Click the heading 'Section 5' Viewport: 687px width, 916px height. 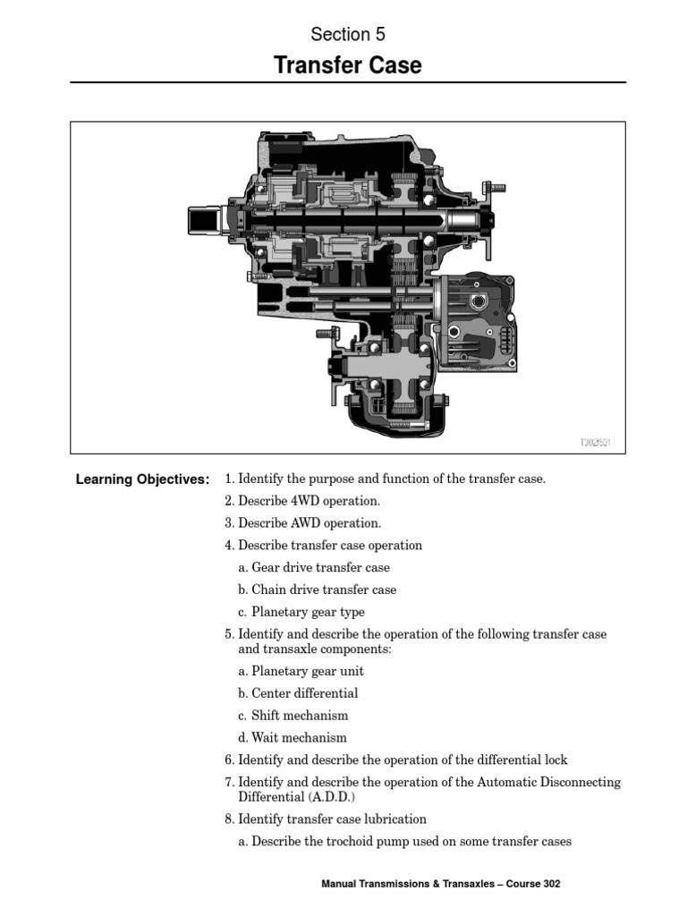348,35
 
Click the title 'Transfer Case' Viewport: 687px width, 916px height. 347,66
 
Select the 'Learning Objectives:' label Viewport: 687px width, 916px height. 143,479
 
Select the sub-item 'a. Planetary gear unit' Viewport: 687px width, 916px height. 301,671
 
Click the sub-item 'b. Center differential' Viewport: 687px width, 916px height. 298,693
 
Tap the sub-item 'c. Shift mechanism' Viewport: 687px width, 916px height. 293,716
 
